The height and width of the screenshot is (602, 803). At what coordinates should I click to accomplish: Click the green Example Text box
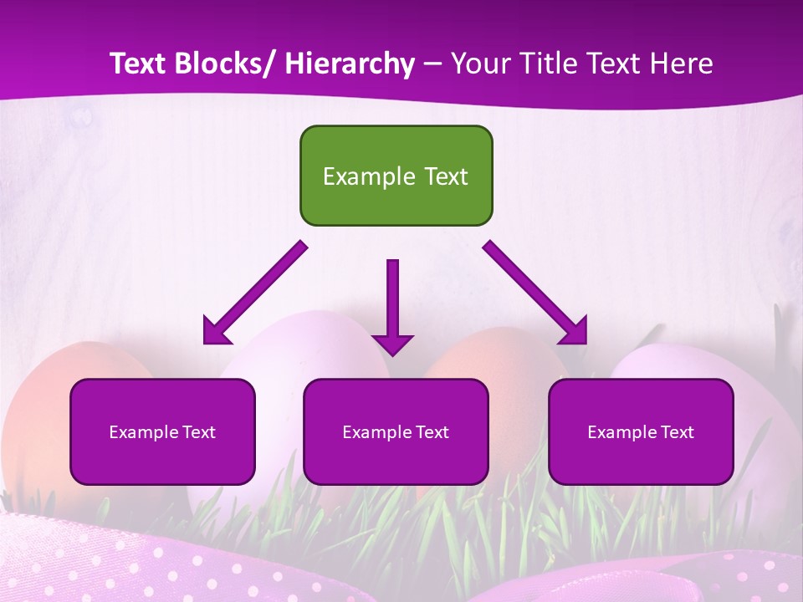396,176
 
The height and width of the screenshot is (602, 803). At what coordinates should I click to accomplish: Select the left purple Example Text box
162,431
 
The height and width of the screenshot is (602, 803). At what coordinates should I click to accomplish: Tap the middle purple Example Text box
396,431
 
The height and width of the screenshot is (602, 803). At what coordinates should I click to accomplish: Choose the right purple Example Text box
641,431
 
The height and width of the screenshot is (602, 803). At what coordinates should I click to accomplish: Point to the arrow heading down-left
259,289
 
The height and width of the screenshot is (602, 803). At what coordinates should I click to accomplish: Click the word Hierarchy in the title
350,64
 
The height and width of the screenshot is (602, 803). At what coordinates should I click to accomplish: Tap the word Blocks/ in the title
223,64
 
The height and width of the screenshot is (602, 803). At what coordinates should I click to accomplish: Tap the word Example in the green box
357,176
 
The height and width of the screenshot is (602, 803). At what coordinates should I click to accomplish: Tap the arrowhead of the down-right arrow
574,331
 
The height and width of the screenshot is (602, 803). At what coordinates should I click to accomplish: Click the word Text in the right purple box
677,431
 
